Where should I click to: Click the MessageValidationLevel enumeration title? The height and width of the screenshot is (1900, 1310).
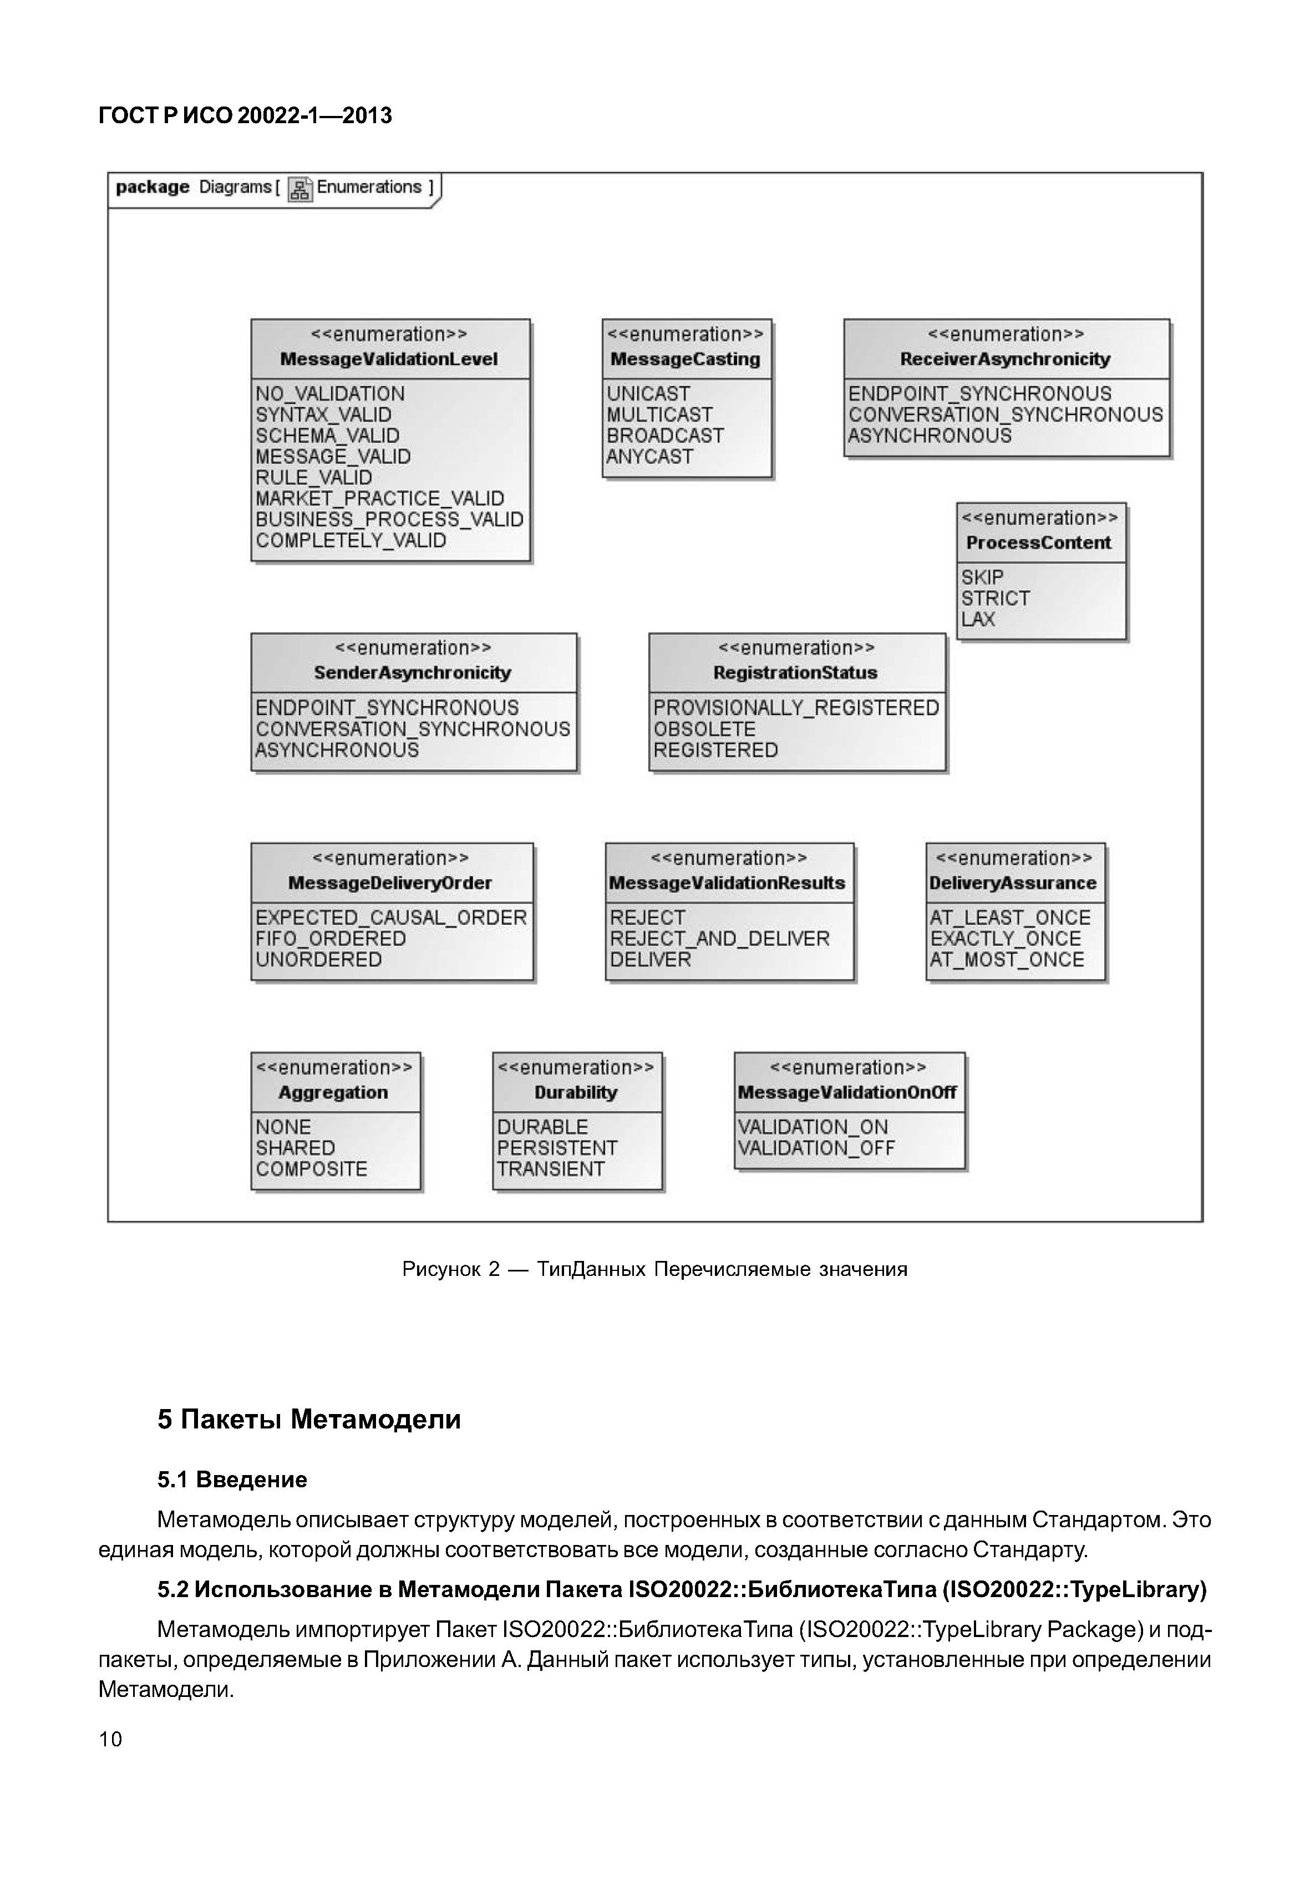pos(389,359)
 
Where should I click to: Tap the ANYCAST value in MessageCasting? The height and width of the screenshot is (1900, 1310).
pos(649,457)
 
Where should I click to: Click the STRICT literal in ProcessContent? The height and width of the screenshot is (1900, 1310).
pos(995,598)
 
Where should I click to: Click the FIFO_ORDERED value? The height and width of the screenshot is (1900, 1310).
pos(330,939)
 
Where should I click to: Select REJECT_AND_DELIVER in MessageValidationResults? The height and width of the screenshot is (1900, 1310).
pos(719,939)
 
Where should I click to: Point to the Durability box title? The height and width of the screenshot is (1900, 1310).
pos(575,1092)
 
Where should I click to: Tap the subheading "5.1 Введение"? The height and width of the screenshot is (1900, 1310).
pos(232,1480)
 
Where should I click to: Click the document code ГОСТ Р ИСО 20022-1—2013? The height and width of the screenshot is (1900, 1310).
pos(245,116)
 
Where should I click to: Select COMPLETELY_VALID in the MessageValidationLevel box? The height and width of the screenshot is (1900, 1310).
pos(351,540)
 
